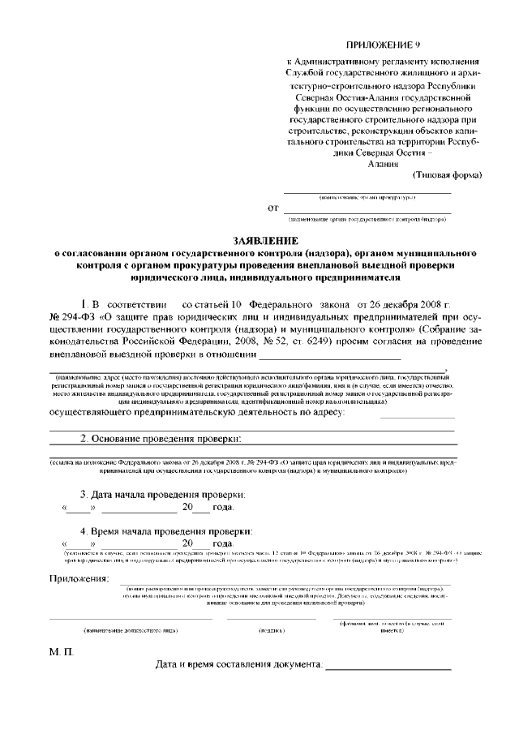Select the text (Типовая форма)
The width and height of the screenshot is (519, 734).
click(447, 174)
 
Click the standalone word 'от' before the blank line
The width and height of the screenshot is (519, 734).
click(273, 208)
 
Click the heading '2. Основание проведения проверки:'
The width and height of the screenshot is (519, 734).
click(161, 439)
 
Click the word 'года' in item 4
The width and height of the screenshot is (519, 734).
click(221, 543)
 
